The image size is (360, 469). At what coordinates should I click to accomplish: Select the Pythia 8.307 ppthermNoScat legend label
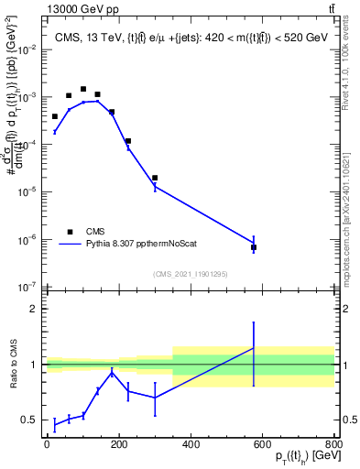[152, 245]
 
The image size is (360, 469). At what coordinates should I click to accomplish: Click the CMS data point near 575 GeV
[254, 247]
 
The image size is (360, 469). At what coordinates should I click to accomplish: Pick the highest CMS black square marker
[83, 90]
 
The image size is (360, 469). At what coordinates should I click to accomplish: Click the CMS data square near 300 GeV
[155, 178]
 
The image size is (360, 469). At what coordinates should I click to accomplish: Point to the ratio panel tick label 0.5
[28, 420]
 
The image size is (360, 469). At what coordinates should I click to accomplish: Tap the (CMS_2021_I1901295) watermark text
[190, 274]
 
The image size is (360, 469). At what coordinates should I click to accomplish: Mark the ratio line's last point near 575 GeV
[254, 348]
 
